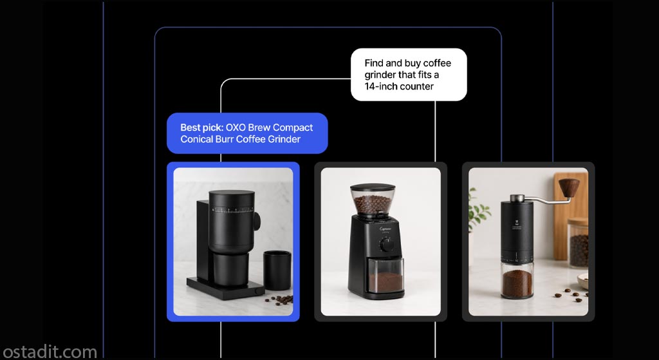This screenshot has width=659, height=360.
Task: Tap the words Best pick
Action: [201, 128]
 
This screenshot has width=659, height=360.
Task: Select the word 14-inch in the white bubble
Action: [380, 86]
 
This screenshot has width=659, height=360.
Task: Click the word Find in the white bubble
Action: [373, 63]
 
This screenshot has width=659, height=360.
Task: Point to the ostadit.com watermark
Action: [49, 352]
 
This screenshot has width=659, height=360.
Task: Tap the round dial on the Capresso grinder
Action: [387, 244]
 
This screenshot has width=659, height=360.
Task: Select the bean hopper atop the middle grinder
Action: [373, 200]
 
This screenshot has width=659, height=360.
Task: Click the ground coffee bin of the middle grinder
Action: [386, 276]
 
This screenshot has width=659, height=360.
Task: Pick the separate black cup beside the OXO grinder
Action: [277, 270]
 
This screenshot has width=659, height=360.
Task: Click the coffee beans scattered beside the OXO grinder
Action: [279, 300]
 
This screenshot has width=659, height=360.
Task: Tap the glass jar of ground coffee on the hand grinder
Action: [517, 279]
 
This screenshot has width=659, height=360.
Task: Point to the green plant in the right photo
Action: [478, 211]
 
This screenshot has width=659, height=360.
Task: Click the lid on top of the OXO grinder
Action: [232, 196]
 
